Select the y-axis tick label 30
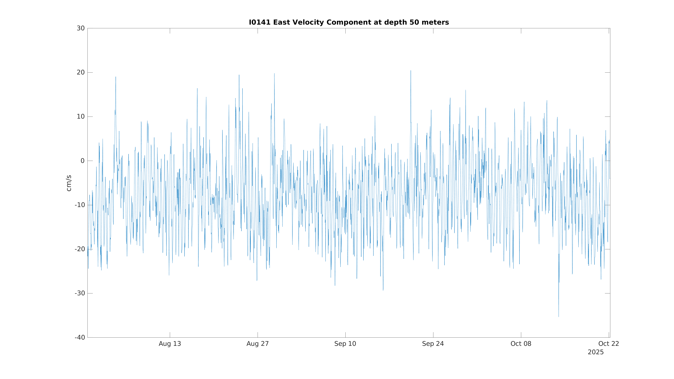tap(81, 28)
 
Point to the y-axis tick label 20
tap(81, 72)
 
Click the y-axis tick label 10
tap(81, 117)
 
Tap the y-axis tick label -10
tap(80, 205)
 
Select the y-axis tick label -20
tap(80, 249)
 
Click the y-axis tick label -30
tap(80, 293)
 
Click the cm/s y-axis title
tap(69, 183)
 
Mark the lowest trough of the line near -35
tap(559, 317)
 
